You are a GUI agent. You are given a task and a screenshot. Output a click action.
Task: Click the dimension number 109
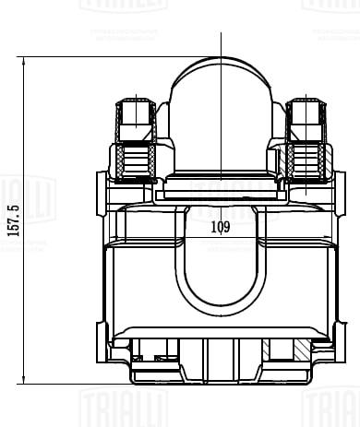[221, 226]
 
